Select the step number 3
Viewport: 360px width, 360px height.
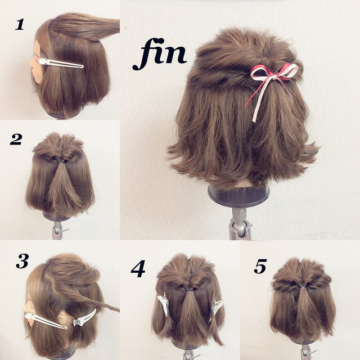click(22, 262)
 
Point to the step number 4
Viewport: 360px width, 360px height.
click(138, 269)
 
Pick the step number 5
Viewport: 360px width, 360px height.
click(259, 266)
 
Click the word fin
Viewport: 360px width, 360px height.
click(159, 56)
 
